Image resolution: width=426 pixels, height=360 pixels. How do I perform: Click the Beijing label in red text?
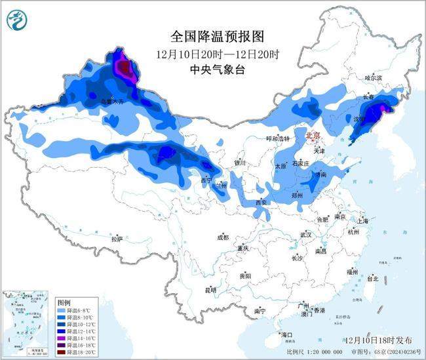pyautogui.click(x=313, y=136)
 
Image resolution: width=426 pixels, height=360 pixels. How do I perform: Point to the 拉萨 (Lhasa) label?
pyautogui.click(x=117, y=239)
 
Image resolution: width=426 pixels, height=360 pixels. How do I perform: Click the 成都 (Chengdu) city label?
pyautogui.click(x=222, y=237)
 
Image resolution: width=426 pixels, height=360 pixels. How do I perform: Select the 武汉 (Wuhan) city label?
pyautogui.click(x=306, y=234)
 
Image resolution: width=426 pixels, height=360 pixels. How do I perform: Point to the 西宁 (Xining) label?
pyautogui.click(x=206, y=180)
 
